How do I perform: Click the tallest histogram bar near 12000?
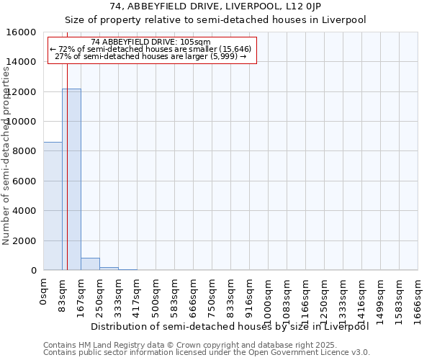(71, 179)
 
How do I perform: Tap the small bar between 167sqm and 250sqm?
(90, 264)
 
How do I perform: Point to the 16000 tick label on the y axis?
(22, 32)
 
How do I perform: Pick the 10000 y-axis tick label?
(22, 122)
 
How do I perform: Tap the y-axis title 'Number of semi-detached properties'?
(7, 151)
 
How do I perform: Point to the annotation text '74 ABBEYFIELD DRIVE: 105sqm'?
(151, 42)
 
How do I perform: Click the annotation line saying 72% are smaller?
(151, 49)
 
